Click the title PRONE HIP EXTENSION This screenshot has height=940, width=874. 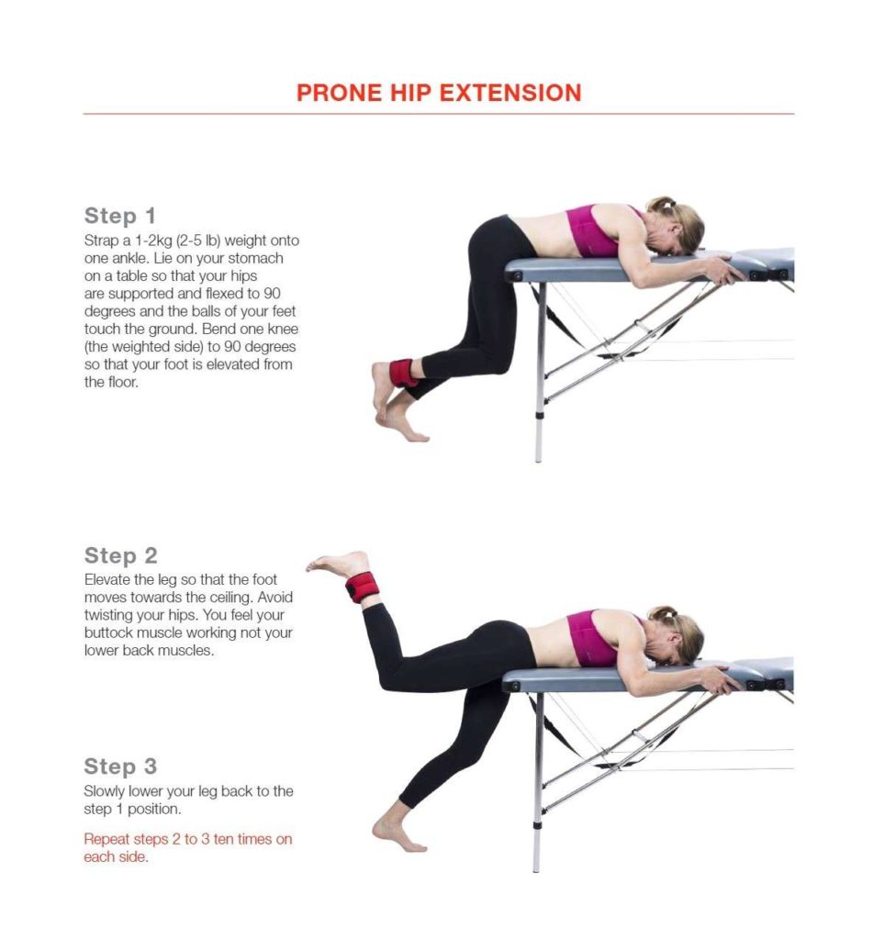click(x=438, y=93)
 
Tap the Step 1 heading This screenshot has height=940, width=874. click(x=120, y=216)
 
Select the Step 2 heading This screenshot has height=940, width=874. click(x=120, y=555)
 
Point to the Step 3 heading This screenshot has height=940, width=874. click(x=120, y=767)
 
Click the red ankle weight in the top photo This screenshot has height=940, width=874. click(x=403, y=373)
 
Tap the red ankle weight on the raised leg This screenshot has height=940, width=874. click(x=362, y=586)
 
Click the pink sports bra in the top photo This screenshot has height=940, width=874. click(x=593, y=230)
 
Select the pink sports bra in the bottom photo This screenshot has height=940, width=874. click(x=593, y=636)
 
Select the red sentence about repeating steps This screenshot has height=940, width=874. click(x=187, y=847)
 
